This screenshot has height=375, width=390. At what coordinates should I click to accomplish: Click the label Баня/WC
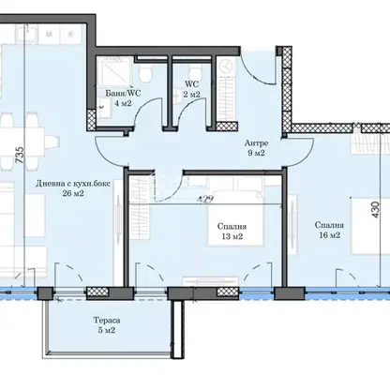click(x=123, y=93)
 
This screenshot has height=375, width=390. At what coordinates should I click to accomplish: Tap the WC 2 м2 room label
click(x=192, y=89)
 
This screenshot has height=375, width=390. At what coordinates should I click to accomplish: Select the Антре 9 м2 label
click(x=256, y=148)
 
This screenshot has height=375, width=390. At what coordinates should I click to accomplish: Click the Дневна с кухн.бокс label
click(x=73, y=184)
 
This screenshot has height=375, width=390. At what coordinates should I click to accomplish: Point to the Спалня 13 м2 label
click(x=232, y=232)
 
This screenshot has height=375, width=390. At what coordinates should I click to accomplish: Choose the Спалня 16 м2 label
click(x=330, y=230)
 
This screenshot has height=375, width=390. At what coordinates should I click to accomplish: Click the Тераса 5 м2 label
click(x=107, y=325)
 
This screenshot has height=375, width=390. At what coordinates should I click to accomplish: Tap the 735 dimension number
click(x=20, y=155)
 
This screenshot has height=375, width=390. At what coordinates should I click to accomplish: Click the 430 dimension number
click(x=375, y=210)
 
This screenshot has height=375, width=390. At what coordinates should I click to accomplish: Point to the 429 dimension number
click(x=205, y=199)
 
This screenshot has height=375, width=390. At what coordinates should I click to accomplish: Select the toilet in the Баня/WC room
click(x=145, y=74)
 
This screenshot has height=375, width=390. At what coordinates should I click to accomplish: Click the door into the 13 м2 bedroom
click(x=168, y=187)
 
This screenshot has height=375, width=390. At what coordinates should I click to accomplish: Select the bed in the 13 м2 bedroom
click(x=235, y=216)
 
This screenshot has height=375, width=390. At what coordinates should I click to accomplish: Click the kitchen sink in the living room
click(x=26, y=33)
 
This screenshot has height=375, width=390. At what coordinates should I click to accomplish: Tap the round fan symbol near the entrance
click(x=226, y=67)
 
